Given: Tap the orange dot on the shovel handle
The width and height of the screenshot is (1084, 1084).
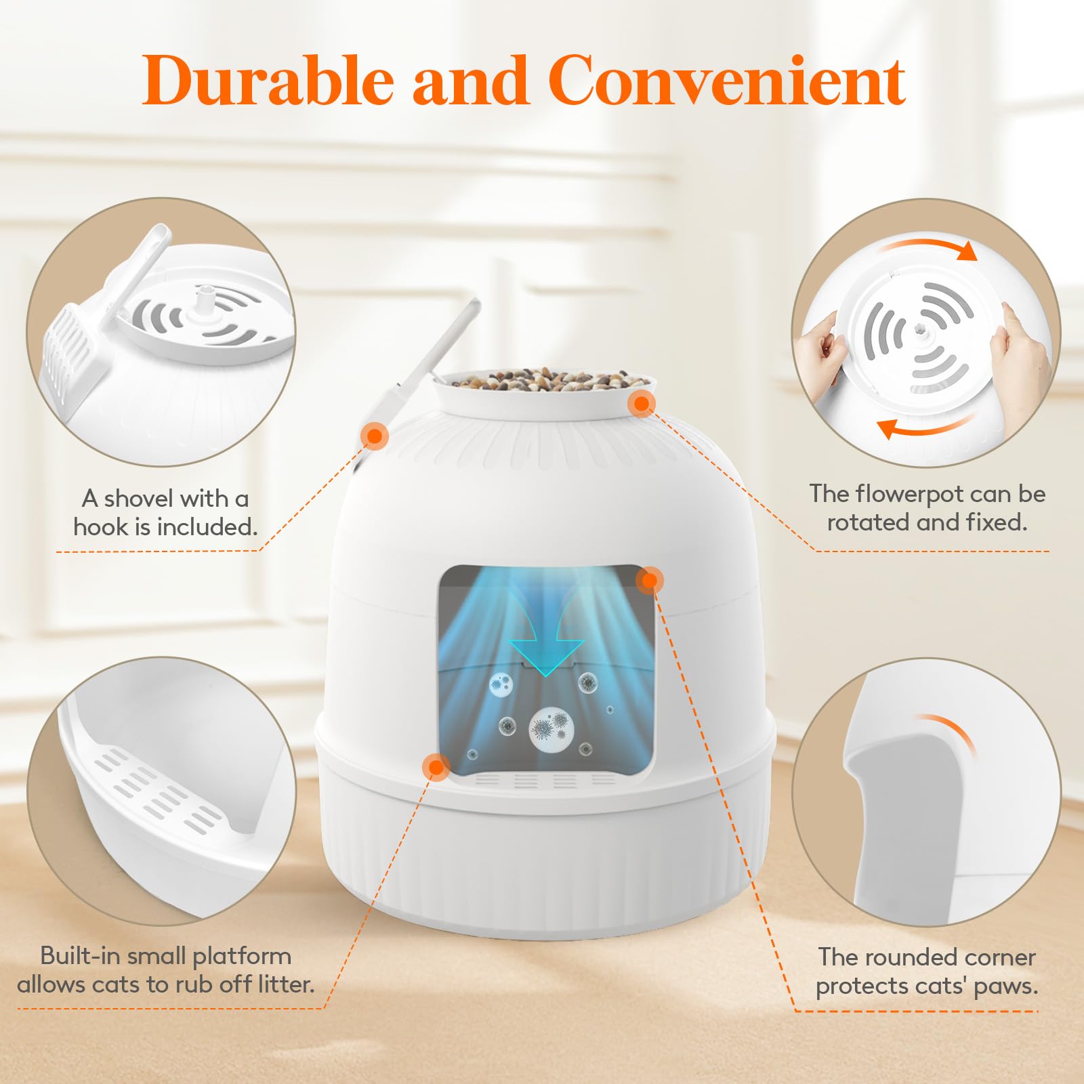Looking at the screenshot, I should pos(374,435).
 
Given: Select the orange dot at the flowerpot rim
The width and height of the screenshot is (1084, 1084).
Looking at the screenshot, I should pos(641,404).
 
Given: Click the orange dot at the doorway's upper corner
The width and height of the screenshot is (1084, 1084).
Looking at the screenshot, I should pos(650,580).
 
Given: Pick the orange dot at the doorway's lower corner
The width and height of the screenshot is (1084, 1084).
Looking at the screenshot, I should pos(436,767).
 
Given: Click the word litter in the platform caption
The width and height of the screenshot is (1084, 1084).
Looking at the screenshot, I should pos(284,984).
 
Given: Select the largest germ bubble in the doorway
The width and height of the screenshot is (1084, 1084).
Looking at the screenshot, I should pos(551,729).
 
